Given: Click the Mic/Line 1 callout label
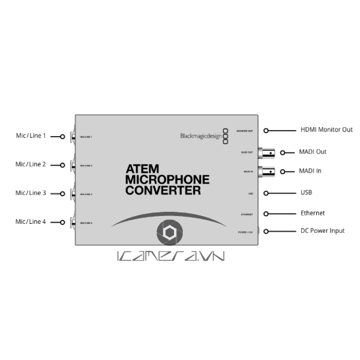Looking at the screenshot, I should pyautogui.click(x=31, y=136).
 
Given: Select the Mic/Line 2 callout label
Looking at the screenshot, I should pyautogui.click(x=31, y=164).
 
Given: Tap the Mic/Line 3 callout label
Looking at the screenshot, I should pyautogui.click(x=31, y=193).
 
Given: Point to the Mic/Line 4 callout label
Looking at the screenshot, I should pyautogui.click(x=31, y=221).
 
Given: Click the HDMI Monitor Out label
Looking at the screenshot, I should pyautogui.click(x=326, y=130).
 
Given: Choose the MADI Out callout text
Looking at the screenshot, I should pyautogui.click(x=313, y=152).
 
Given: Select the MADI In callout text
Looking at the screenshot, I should pyautogui.click(x=310, y=171).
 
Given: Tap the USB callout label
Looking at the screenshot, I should pyautogui.click(x=306, y=193).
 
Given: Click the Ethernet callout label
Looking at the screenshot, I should pyautogui.click(x=313, y=213).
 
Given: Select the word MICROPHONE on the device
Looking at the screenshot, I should pyautogui.click(x=167, y=179).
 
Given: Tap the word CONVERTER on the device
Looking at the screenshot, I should pyautogui.click(x=163, y=191).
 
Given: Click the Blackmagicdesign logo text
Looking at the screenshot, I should pyautogui.click(x=200, y=136).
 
